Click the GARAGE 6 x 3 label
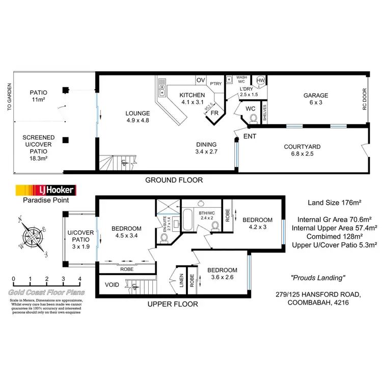coord(316,99)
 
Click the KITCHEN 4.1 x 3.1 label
coord(192,99)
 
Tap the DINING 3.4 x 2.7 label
coord(206,148)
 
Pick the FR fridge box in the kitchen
coord(214,113)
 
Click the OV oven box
coord(200,80)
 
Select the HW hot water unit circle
coord(260,80)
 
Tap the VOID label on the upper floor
coord(112,285)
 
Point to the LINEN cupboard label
coord(181,282)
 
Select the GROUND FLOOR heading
coord(174,180)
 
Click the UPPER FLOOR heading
coord(172,304)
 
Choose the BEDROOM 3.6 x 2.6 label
coord(222,274)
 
